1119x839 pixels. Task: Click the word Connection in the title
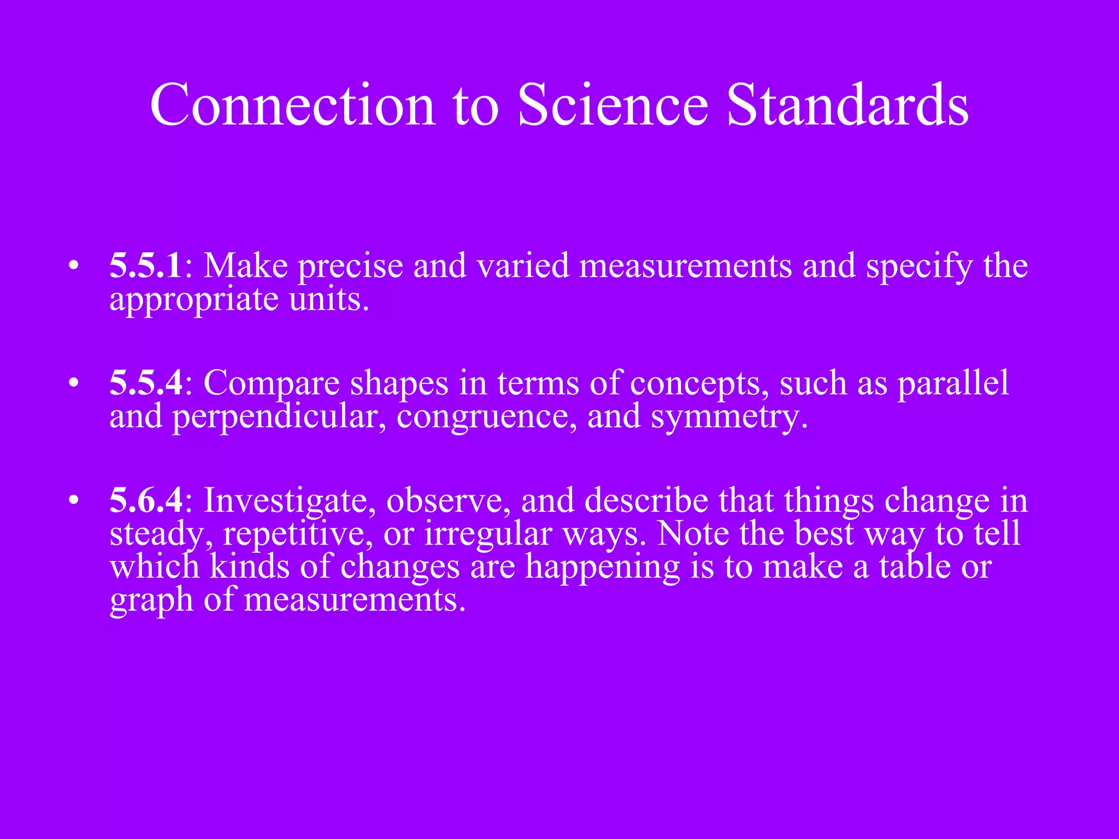(292, 105)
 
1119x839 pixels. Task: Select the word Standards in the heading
(847, 105)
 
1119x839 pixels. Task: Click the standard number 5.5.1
(146, 266)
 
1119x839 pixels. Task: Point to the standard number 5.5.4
(146, 383)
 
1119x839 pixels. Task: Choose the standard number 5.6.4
(146, 500)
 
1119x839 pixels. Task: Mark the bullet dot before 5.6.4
(74, 501)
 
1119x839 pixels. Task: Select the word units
(328, 300)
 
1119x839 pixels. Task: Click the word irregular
(488, 534)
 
